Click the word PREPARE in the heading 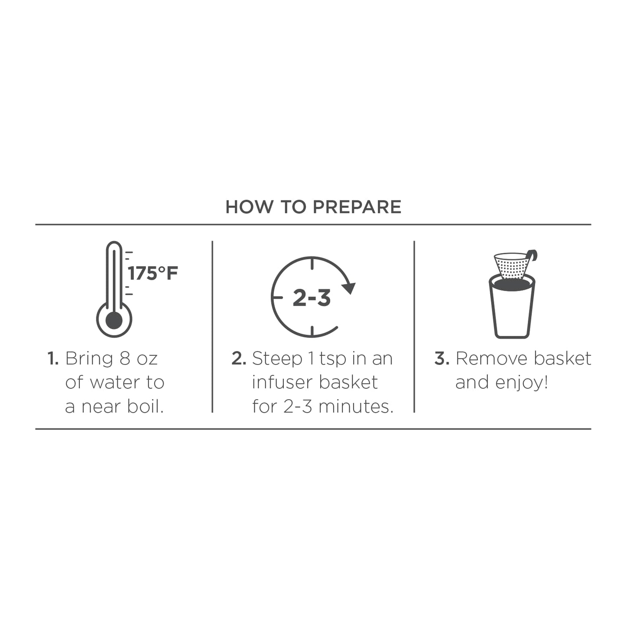click(x=357, y=207)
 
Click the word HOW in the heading click(x=249, y=207)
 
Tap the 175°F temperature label click(x=153, y=273)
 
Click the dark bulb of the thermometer click(x=114, y=321)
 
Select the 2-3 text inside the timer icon click(x=312, y=298)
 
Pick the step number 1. click(x=53, y=358)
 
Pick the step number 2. click(x=239, y=358)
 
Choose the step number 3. click(x=442, y=358)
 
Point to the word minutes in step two click(x=356, y=407)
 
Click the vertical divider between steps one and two click(x=213, y=327)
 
